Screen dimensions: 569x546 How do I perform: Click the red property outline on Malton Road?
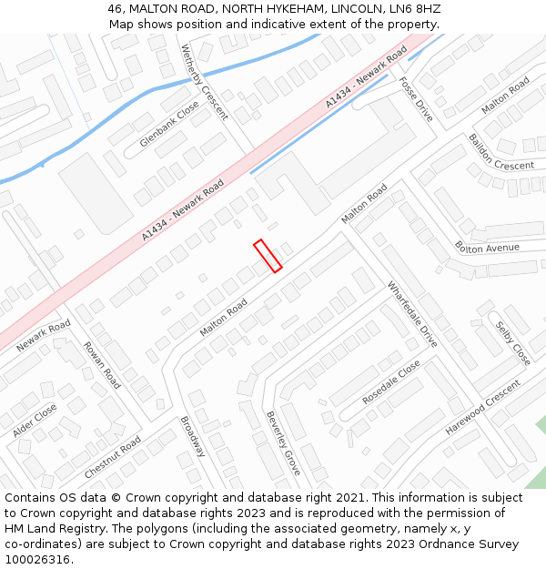268,256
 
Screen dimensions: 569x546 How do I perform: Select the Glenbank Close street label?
169,125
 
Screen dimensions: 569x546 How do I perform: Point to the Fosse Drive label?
415,98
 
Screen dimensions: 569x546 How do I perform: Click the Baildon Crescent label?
500,152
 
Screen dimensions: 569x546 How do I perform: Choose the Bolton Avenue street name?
487,248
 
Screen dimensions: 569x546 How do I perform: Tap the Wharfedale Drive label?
412,314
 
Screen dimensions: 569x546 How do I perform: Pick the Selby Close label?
513,343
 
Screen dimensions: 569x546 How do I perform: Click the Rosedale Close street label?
391,382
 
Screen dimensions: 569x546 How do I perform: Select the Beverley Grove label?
283,442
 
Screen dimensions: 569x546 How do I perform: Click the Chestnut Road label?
112,457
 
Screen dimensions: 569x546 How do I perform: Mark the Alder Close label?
35,421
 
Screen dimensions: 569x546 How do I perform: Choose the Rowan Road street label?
102,365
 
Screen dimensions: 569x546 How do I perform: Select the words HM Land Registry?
56,529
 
